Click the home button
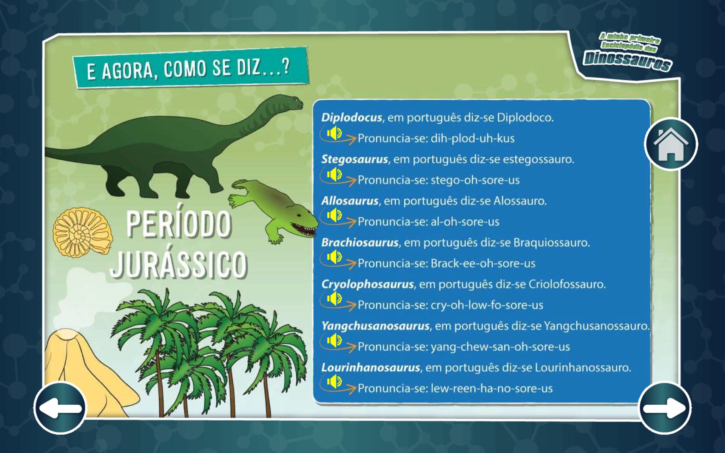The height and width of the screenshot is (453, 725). (671, 144)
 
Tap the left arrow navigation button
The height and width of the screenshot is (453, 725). (60, 408)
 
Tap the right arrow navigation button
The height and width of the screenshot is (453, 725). (665, 408)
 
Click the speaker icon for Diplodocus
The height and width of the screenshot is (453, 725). (334, 133)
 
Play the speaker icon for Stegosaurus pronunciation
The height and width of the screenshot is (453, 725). (334, 174)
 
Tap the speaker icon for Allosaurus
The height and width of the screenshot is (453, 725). (334, 216)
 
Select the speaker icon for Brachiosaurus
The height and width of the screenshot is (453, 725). (334, 257)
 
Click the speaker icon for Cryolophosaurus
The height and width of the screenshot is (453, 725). (334, 299)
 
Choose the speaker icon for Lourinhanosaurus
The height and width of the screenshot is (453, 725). (334, 382)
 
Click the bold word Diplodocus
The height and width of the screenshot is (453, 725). (352, 118)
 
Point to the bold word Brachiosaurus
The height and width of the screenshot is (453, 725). (360, 242)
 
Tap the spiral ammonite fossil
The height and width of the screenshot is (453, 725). (82, 233)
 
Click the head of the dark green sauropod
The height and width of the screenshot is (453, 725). (292, 102)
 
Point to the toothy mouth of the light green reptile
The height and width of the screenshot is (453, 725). (304, 229)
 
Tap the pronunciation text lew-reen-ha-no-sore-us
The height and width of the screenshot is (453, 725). (492, 388)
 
